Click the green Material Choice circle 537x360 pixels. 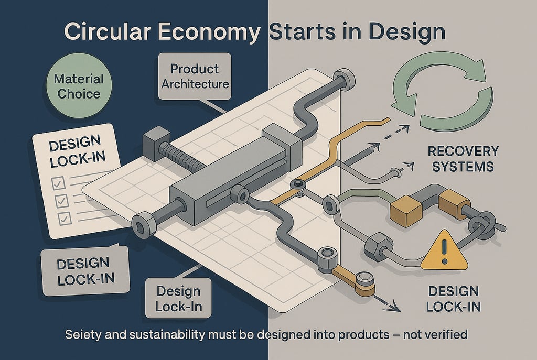tap(79, 86)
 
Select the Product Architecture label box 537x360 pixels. tap(195, 76)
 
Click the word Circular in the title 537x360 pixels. tap(109, 32)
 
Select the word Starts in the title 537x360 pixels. tap(299, 32)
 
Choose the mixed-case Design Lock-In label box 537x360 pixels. tap(178, 299)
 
